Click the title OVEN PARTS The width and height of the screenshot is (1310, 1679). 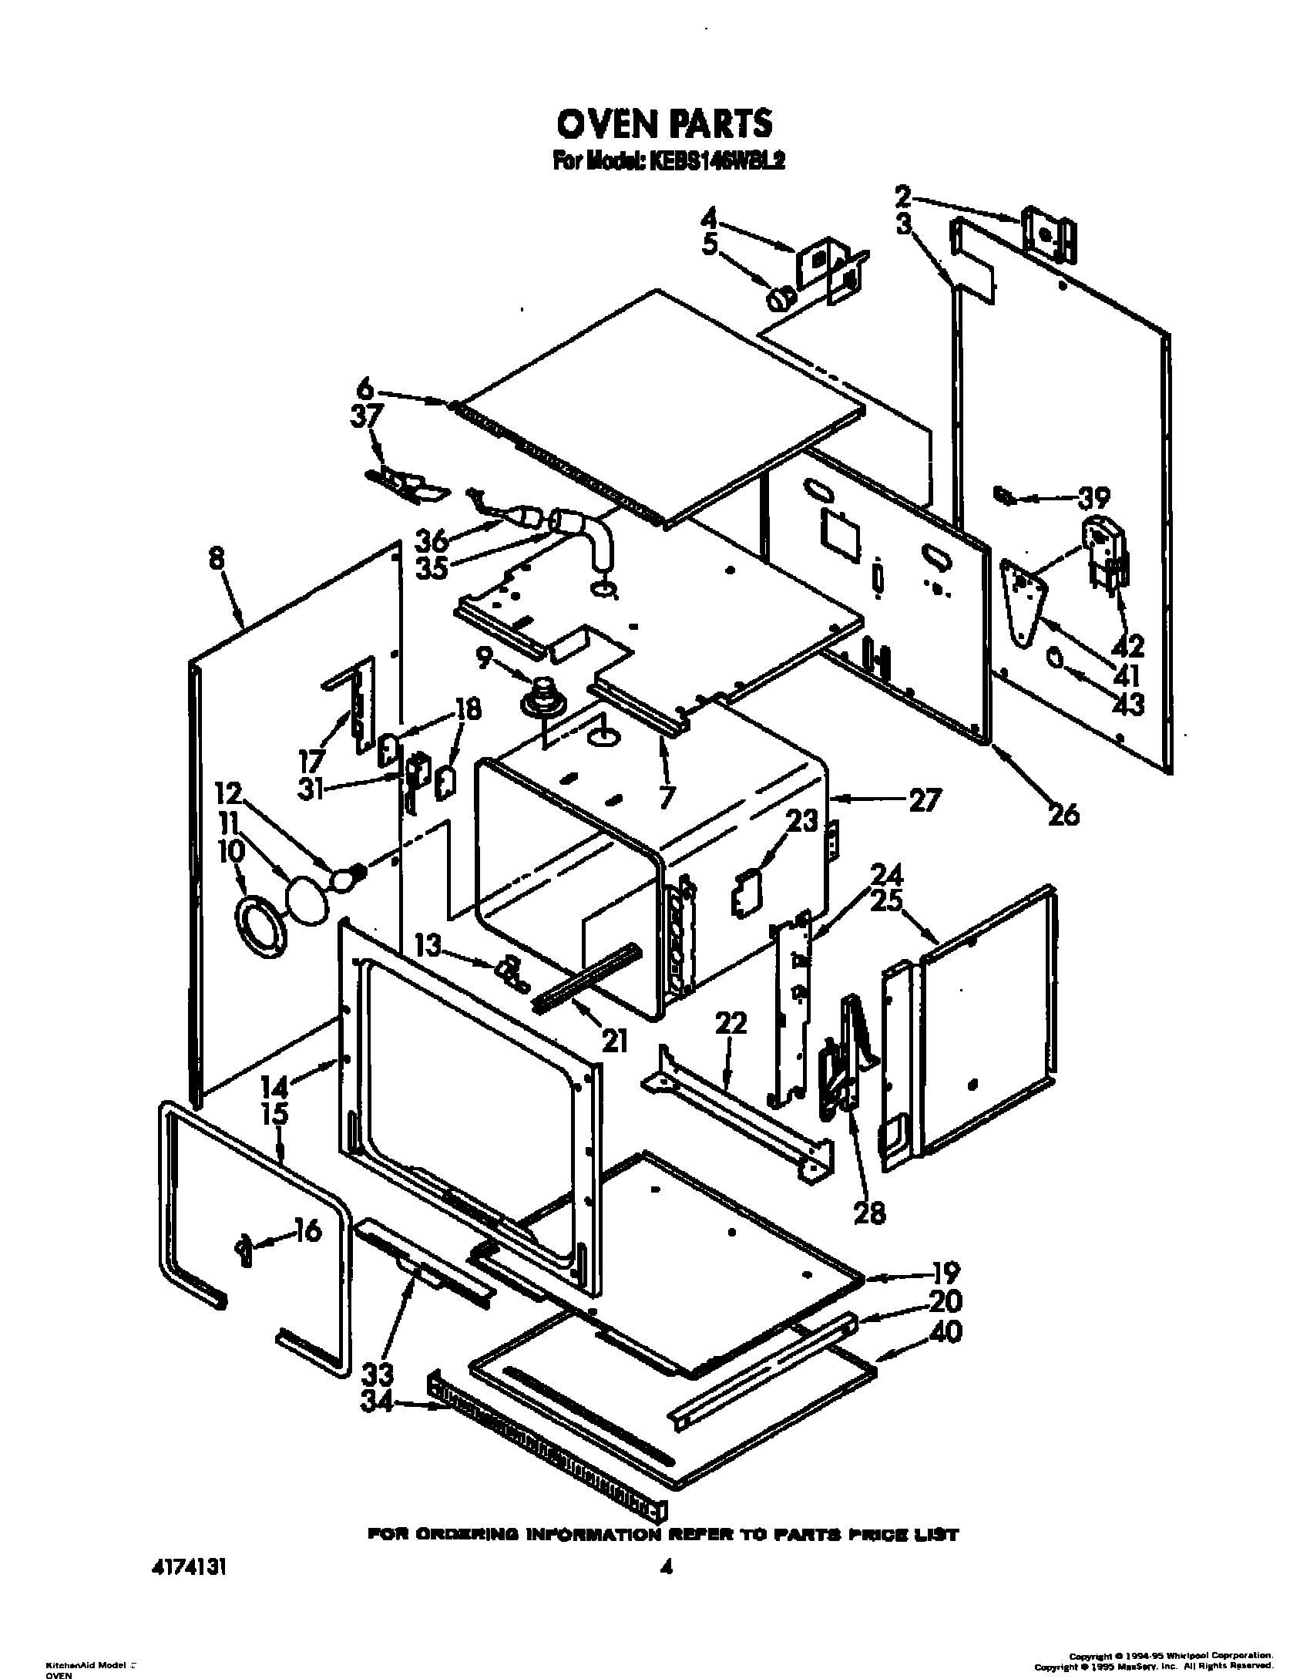coord(663,123)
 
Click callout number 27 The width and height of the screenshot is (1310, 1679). coord(924,801)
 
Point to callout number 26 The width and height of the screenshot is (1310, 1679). coord(1063,813)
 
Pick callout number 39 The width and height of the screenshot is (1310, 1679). coord(1093,498)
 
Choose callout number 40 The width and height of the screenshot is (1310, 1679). coord(946,1332)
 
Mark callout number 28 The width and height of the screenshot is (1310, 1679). coord(869,1212)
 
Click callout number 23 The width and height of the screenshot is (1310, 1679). coord(801,822)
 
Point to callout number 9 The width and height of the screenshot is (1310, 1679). coord(483,659)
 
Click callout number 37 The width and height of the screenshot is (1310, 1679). coord(367,417)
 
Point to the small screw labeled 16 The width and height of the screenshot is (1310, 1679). coord(244,1246)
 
